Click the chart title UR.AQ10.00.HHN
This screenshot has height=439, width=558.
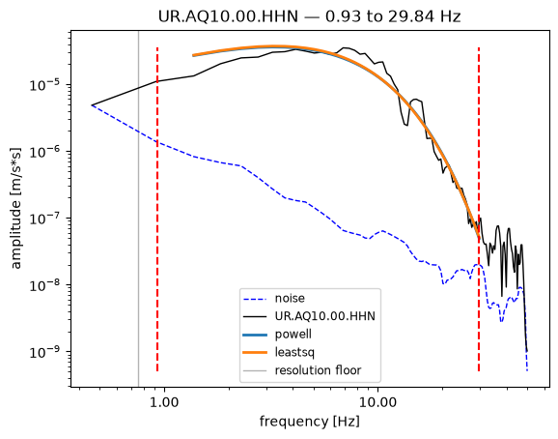228,16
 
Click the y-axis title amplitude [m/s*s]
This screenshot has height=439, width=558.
16,208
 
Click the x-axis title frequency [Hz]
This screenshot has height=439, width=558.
309,422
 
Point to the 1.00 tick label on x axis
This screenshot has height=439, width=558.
164,402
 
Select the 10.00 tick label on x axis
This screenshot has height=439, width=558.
377,402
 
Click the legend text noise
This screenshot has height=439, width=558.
290,298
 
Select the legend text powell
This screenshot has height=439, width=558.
293,335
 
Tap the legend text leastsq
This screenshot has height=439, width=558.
294,352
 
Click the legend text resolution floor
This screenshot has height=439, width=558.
318,370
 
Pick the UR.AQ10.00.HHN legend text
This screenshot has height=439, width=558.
325,316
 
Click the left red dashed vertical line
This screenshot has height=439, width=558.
157,209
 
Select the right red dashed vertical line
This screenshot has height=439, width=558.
479,209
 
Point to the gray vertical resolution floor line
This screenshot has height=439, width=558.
138,209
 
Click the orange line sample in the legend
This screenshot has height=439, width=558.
255,352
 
